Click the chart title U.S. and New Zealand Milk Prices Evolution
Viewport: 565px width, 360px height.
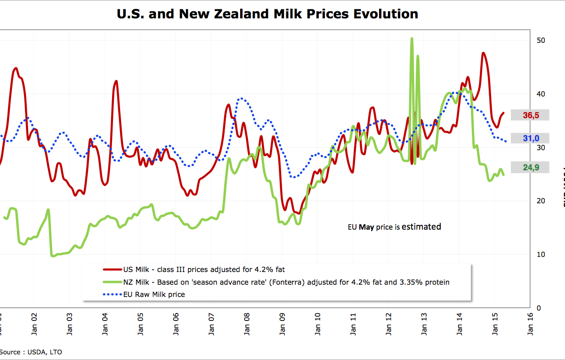pos(267,14)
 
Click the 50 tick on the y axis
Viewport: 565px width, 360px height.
pos(541,40)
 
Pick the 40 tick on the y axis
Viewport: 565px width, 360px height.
pos(541,94)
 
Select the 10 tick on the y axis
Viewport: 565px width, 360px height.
pos(541,255)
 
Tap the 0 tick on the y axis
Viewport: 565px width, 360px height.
pos(539,308)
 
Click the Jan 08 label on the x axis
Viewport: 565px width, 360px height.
pos(246,324)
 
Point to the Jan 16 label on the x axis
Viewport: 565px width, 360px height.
pos(531,324)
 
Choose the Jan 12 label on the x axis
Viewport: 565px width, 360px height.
pos(388,324)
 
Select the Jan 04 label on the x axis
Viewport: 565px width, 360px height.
pos(104,324)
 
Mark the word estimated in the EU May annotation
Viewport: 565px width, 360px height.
pos(421,227)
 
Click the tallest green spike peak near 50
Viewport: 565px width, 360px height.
pos(412,39)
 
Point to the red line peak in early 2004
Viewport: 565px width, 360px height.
pos(116,81)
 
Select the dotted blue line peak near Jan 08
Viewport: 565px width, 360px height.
pos(241,98)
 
